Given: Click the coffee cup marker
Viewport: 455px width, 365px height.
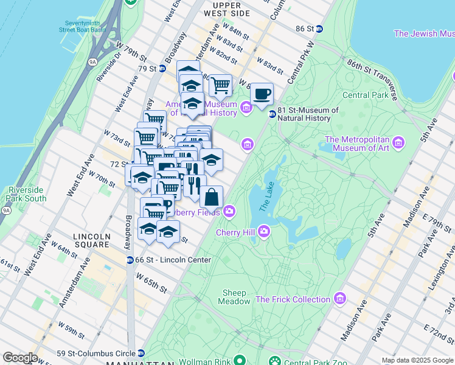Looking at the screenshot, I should [262, 94].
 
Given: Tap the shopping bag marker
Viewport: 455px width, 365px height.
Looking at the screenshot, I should [211, 198].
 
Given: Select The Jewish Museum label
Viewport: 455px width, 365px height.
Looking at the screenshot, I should [423, 33].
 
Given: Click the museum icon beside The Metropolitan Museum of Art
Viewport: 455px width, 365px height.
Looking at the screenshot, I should [399, 142].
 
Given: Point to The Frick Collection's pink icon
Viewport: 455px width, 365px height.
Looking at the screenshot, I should [339, 299].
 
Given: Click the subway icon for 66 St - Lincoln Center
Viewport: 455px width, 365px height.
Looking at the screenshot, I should [130, 260].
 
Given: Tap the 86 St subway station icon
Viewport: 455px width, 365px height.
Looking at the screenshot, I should [319, 29].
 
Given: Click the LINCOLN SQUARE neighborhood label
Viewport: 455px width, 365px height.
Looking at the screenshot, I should [91, 240].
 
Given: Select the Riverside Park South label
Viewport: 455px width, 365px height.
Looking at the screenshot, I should [27, 194].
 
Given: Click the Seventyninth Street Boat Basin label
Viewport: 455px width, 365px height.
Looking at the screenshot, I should [82, 26].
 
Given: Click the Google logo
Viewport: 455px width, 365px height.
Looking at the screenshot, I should [20, 358].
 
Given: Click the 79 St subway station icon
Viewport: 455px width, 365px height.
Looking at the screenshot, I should [162, 69].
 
